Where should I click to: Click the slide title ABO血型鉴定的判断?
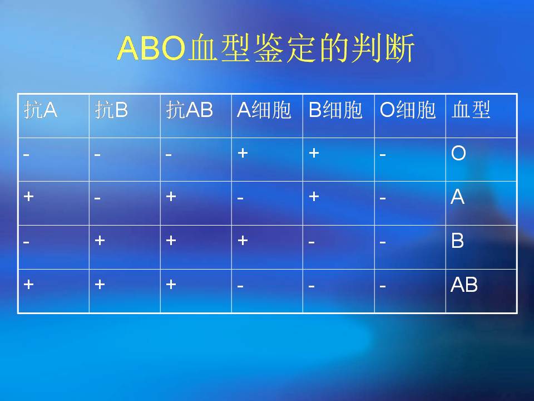266,48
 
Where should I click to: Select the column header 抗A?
41,110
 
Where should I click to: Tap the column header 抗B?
111,110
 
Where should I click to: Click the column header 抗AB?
189,110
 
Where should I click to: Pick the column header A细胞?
264,110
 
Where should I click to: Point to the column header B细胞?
335,110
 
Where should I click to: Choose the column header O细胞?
408,110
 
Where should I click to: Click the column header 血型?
471,110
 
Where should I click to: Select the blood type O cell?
458,153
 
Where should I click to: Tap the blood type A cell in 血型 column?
457,197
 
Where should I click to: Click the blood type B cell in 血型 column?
457,241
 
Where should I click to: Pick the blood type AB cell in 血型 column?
464,285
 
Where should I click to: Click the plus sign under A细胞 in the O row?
243,153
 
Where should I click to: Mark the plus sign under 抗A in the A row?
28,197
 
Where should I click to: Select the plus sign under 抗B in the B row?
100,241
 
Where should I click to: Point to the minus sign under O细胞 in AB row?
383,286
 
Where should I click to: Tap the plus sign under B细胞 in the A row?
314,197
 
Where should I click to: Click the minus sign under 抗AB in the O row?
169,155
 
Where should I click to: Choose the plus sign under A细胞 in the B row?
243,241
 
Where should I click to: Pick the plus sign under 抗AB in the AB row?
171,284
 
